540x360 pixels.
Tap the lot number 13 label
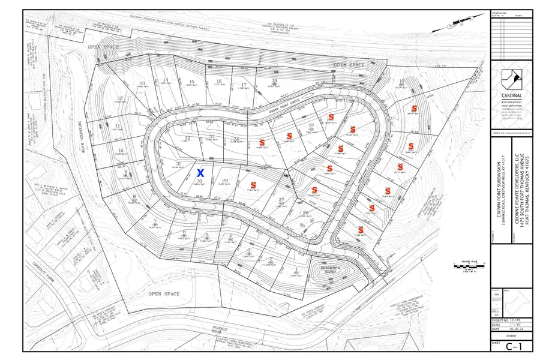(x=142, y=83)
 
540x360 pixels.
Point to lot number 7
(x=155, y=222)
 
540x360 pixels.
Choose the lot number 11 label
(x=116, y=125)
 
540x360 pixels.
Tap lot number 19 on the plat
(x=401, y=82)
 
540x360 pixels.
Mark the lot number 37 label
(x=311, y=125)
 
